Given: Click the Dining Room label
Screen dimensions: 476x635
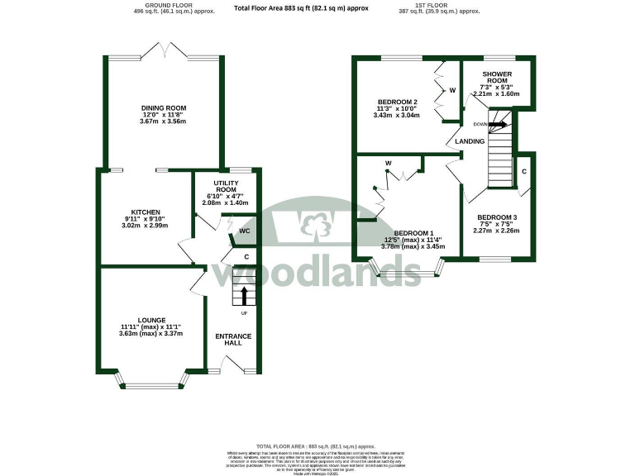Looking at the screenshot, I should (x=163, y=107).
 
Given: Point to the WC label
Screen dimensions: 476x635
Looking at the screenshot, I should (x=245, y=231).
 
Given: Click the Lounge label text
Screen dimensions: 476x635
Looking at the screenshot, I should (x=151, y=320).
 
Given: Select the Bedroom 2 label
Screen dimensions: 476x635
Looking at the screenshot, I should (x=397, y=102).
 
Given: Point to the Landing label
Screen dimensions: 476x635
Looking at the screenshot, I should (x=470, y=141).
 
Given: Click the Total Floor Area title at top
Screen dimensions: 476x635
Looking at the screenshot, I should (x=301, y=8).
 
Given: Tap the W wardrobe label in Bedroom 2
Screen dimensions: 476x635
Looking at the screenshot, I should (x=452, y=90).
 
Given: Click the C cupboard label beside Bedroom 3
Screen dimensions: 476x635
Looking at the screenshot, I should (x=525, y=171).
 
